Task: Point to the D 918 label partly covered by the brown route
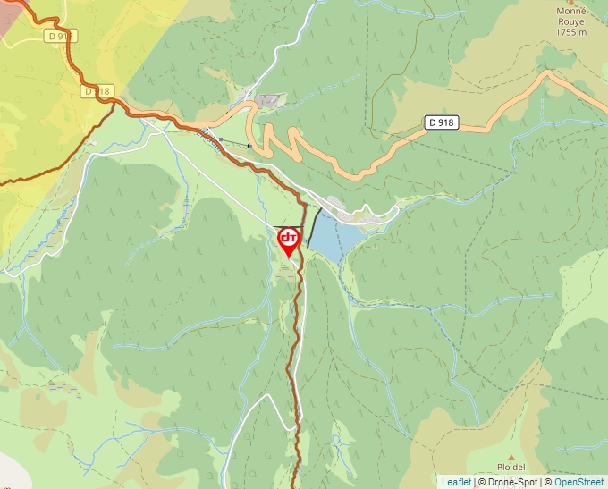point(96,91)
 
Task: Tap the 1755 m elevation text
point(570,32)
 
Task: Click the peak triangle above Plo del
point(511,456)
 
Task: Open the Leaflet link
point(456,482)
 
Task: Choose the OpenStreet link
point(579,482)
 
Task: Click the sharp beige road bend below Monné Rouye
point(547,75)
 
